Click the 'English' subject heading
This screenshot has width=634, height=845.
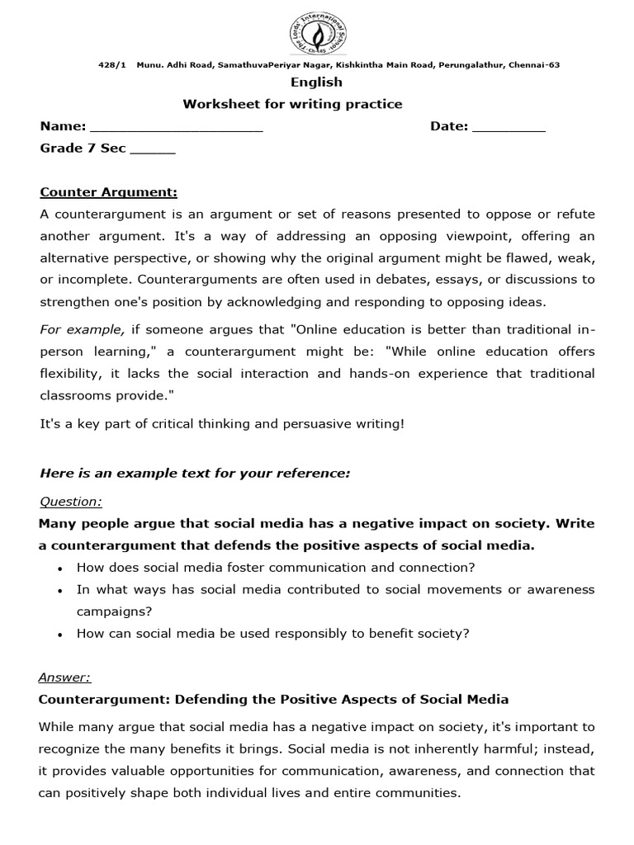click(x=316, y=83)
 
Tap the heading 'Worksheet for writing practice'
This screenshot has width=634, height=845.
click(x=292, y=104)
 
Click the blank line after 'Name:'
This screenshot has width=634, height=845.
click(x=176, y=128)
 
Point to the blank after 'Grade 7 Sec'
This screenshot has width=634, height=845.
click(x=153, y=150)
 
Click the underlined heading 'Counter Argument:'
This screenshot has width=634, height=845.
click(x=108, y=193)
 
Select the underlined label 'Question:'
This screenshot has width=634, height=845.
click(x=71, y=502)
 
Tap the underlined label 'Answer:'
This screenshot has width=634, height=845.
click(x=64, y=677)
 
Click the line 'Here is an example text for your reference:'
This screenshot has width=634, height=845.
click(x=195, y=473)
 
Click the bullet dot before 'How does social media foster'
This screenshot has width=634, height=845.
click(x=62, y=569)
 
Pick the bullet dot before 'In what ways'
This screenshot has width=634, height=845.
click(x=62, y=591)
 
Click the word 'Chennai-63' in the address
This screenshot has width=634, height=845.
click(x=533, y=65)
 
